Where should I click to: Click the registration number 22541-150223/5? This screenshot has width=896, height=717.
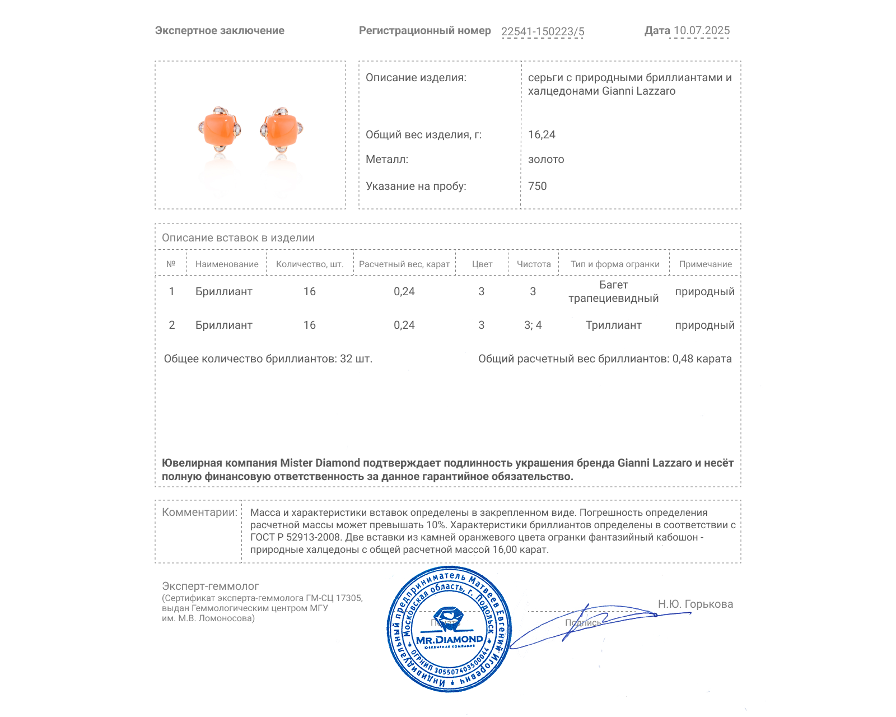[x=542, y=31]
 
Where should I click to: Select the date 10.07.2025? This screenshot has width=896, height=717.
[x=701, y=31]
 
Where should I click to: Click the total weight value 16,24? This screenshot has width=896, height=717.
[x=542, y=134]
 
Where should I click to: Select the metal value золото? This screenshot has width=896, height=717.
[x=546, y=159]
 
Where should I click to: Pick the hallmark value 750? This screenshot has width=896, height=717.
[x=537, y=186]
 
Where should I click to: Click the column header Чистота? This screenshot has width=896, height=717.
[x=534, y=264]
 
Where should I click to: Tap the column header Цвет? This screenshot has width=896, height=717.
[x=482, y=264]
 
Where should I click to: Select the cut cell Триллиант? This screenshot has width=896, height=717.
[x=613, y=325]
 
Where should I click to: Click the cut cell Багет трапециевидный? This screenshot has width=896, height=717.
[x=613, y=291]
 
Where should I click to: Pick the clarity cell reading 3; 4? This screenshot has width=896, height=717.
[x=533, y=325]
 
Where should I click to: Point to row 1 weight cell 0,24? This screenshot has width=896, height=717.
[x=404, y=291]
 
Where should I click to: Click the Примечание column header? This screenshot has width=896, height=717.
[x=705, y=264]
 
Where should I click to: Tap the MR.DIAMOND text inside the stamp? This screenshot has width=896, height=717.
[x=449, y=640]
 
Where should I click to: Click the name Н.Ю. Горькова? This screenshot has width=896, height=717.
[x=695, y=604]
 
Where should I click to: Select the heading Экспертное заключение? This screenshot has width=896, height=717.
[x=220, y=31]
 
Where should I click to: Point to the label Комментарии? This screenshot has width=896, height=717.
[x=199, y=512]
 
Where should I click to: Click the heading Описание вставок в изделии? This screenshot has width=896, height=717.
[x=238, y=238]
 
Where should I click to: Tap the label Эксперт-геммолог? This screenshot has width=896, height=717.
[x=210, y=586]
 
